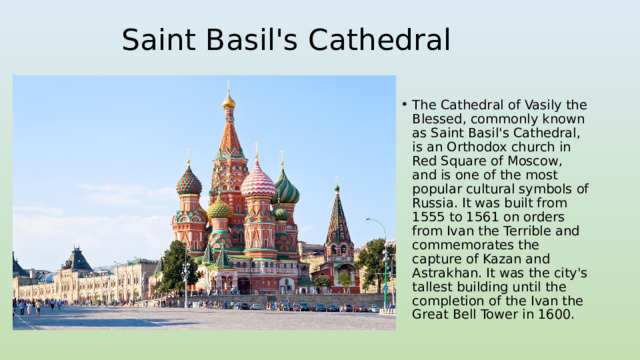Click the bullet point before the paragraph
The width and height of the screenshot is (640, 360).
point(402,104)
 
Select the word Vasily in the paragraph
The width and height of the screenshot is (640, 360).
point(512,104)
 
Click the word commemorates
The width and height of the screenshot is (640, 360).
point(463,244)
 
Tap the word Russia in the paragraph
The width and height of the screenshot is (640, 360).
point(434,202)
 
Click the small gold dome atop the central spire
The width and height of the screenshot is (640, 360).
point(229,102)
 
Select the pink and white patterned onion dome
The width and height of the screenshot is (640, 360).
point(258,183)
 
